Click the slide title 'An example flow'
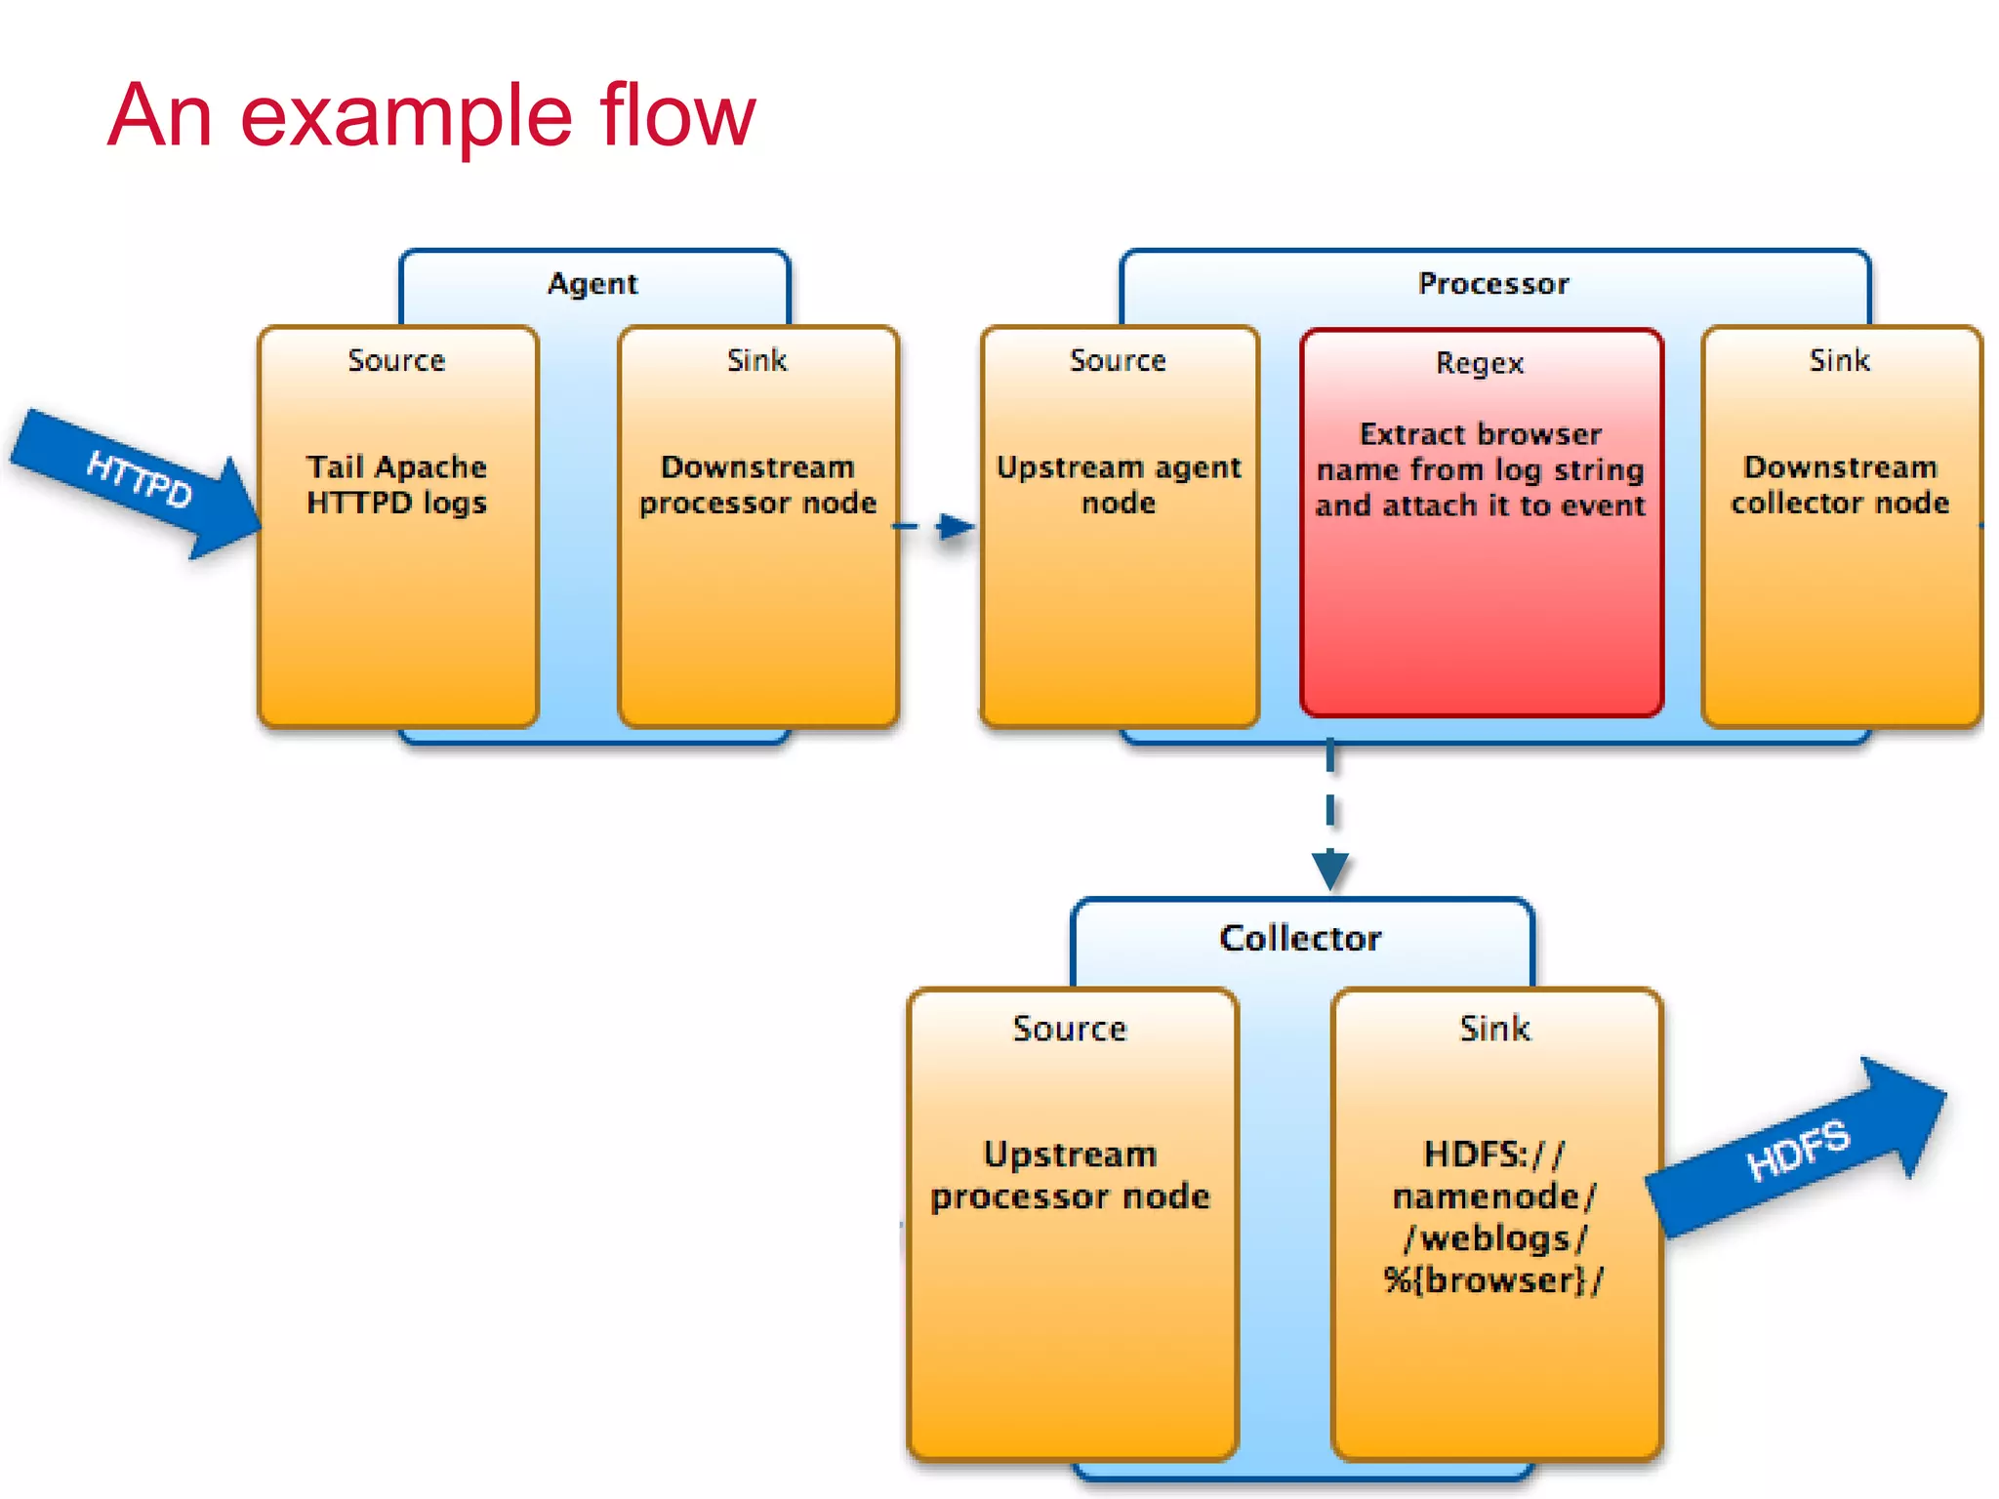click(430, 115)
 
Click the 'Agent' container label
click(592, 284)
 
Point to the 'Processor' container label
click(1493, 284)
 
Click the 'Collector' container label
click(1300, 939)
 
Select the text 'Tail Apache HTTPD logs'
click(396, 485)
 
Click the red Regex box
click(1481, 605)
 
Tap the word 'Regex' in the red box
click(1480, 364)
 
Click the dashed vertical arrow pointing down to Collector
click(1330, 820)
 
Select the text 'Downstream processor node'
click(757, 485)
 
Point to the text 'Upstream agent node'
click(1119, 485)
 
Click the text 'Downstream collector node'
click(1840, 485)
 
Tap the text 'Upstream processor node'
click(1070, 1175)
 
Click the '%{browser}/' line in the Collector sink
click(1493, 1280)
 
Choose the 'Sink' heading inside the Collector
click(1494, 1029)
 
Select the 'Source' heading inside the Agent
click(396, 361)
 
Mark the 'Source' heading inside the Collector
click(1070, 1029)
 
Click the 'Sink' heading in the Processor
click(1840, 361)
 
